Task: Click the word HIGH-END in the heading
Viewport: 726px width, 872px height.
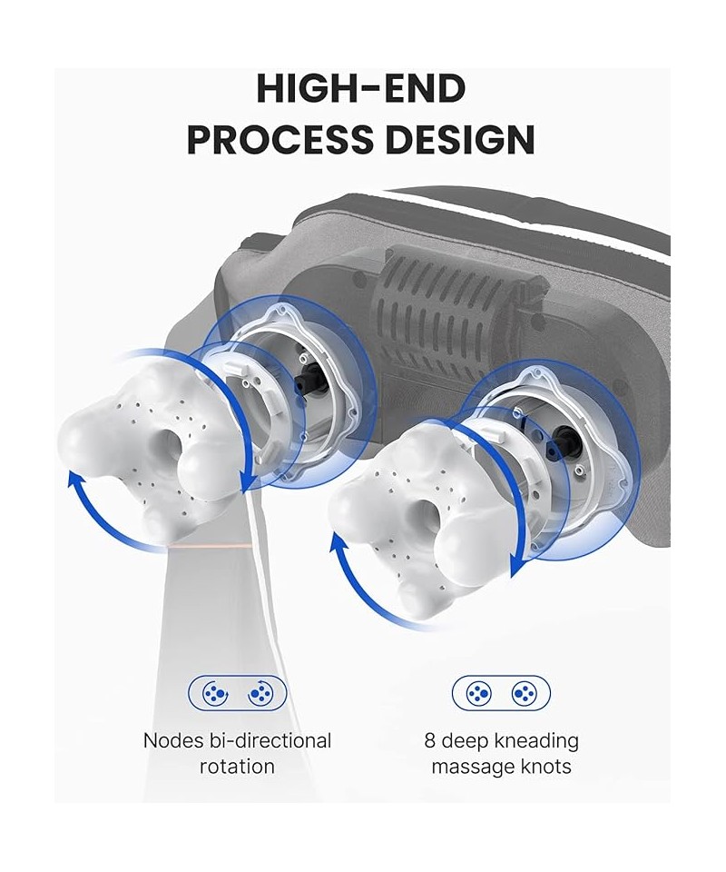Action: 361,89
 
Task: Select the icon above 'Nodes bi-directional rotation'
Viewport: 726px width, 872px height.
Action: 237,693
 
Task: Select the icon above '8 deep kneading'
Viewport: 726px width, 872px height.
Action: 501,693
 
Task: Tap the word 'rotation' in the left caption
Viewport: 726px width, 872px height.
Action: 237,767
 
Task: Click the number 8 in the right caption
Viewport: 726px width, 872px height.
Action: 429,741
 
